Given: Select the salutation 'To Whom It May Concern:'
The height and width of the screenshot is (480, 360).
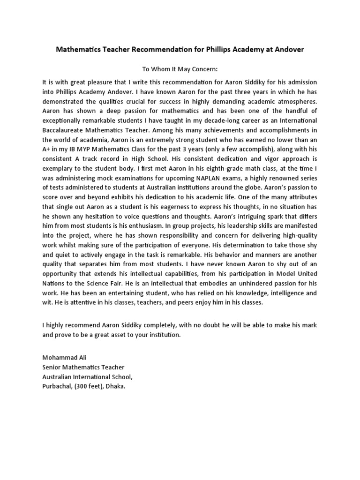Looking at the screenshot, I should point(180,69).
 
